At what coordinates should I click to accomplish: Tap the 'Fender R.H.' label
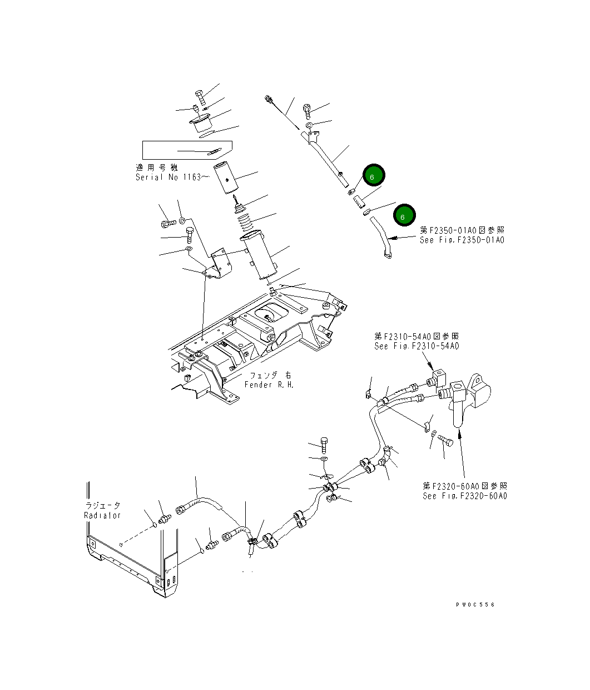[269, 385]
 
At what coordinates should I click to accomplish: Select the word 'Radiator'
[102, 515]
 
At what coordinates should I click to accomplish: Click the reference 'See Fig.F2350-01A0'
[462, 240]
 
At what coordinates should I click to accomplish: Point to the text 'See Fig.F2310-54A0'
[417, 346]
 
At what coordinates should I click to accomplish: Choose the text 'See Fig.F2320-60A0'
[464, 496]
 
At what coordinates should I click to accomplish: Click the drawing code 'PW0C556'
[474, 605]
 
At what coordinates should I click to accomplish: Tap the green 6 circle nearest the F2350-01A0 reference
[403, 217]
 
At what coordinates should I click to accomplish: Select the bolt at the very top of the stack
[200, 98]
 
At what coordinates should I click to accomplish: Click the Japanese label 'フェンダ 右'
[270, 375]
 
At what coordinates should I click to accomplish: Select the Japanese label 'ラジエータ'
[103, 505]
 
